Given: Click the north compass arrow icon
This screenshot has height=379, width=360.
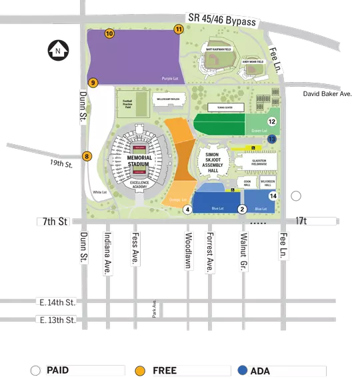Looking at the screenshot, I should click(x=57, y=49).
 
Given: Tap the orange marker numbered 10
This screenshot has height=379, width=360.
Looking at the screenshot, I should click(x=109, y=33).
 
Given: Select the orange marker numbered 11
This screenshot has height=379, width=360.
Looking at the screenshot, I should click(x=179, y=29).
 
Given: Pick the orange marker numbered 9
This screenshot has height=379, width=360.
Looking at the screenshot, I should click(x=93, y=83).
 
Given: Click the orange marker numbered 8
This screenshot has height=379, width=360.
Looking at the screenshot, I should click(x=87, y=156).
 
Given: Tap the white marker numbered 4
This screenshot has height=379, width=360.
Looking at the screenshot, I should click(x=188, y=210).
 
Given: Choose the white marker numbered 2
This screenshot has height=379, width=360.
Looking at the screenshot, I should click(x=243, y=210).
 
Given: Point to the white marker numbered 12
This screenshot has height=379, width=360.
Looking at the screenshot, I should click(x=272, y=121).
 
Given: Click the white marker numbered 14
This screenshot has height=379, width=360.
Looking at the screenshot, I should click(x=273, y=196).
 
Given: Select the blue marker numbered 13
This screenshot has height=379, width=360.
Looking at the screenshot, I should click(x=272, y=139).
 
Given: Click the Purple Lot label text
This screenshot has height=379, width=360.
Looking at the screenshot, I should click(x=170, y=78).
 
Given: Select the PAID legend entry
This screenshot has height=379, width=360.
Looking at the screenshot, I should click(x=58, y=369).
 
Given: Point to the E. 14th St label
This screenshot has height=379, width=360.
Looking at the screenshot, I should click(x=55, y=302).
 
